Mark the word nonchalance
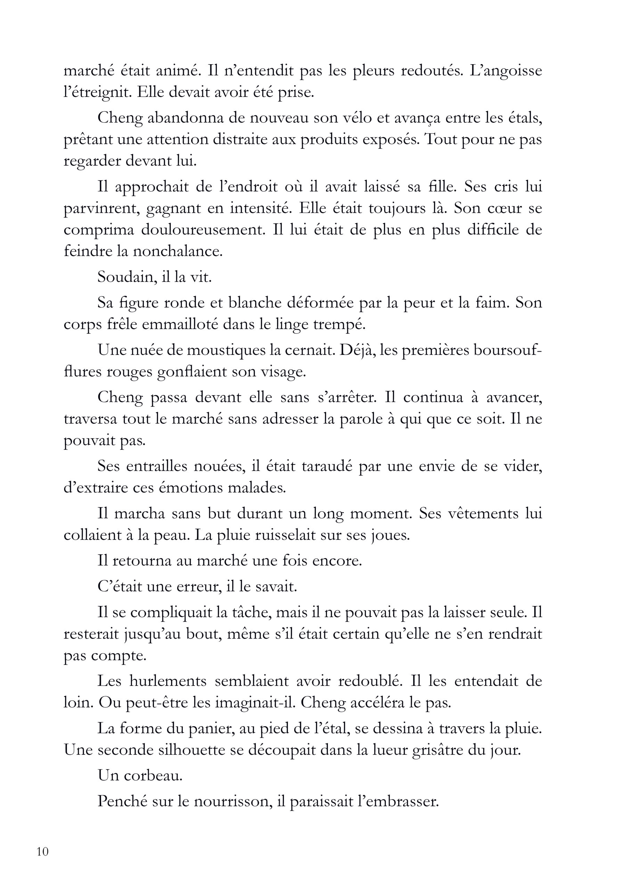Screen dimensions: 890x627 178,252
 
